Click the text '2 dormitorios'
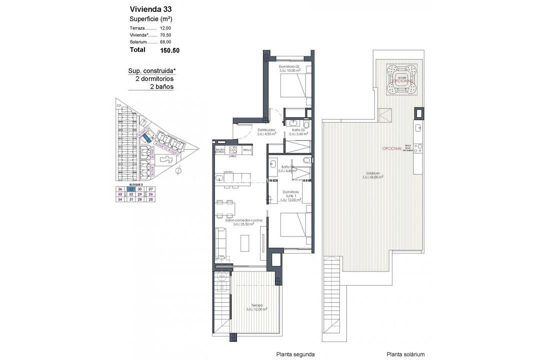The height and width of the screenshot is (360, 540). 154,78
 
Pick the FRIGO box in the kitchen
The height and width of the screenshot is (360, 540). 247,150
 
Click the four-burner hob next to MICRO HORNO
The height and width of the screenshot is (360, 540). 233,150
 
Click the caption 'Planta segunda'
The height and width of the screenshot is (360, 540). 295,354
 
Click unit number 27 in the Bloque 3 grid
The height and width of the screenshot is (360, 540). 151,189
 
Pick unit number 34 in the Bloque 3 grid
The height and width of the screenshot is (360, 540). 120,199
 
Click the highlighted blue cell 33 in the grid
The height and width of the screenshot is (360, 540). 130,189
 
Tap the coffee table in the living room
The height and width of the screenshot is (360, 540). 244,242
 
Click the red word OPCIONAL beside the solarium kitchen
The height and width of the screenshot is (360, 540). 391,148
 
